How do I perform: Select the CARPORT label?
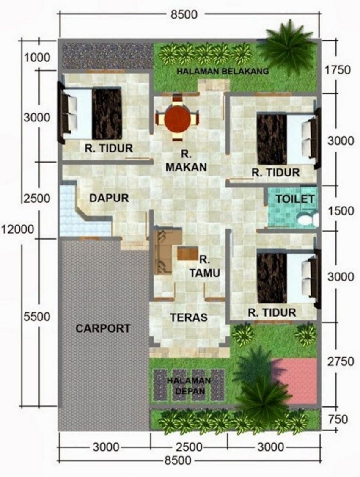click(103, 328)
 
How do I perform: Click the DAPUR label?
click(109, 198)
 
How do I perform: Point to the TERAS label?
click(189, 317)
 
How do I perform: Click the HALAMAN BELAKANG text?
click(223, 71)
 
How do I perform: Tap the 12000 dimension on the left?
click(17, 229)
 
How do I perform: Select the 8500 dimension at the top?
click(184, 14)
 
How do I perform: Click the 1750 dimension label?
click(338, 70)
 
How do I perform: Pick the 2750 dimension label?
click(341, 361)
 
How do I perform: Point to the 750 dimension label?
click(338, 419)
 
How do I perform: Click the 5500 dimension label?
click(37, 317)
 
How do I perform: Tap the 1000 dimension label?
click(37, 57)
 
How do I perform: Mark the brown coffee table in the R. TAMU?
click(187, 254)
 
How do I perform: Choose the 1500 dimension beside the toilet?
click(341, 211)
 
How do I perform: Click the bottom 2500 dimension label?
click(189, 447)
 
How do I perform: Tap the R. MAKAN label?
click(186, 161)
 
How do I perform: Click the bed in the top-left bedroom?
click(90, 113)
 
